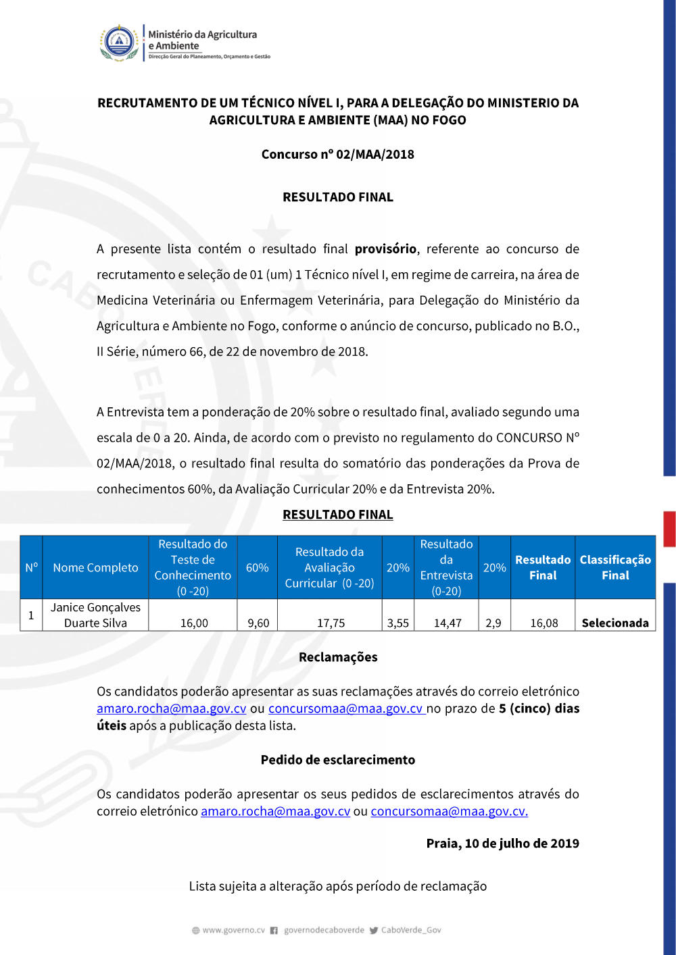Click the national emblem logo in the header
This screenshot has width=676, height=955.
pyautogui.click(x=119, y=43)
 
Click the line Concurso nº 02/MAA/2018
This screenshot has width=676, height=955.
pyautogui.click(x=337, y=154)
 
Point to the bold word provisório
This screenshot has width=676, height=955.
pyautogui.click(x=385, y=249)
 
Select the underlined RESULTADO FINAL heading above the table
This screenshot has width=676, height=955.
pyautogui.click(x=337, y=515)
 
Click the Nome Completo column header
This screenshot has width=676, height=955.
pyautogui.click(x=95, y=568)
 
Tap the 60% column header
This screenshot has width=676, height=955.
pyautogui.click(x=257, y=568)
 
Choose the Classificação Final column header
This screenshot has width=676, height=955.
pyautogui.click(x=615, y=568)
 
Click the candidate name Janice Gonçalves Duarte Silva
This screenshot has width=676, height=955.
pyautogui.click(x=95, y=615)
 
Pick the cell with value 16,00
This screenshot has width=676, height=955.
pyautogui.click(x=194, y=623)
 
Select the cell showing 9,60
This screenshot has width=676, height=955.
pyautogui.click(x=258, y=623)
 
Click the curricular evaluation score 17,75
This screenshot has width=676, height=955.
pyautogui.click(x=331, y=623)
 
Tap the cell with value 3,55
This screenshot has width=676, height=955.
pyautogui.click(x=397, y=623)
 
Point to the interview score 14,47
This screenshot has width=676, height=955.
pyautogui.click(x=447, y=623)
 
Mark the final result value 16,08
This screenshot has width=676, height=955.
pyautogui.click(x=544, y=623)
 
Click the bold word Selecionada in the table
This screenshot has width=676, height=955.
pyautogui.click(x=615, y=623)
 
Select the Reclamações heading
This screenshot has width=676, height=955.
pyautogui.click(x=338, y=657)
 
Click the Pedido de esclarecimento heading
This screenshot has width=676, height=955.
pyautogui.click(x=338, y=760)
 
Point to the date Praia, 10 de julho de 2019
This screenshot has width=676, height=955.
pyautogui.click(x=502, y=844)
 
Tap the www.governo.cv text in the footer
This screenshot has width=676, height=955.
pyautogui.click(x=233, y=930)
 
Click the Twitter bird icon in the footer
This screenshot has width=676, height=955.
pyautogui.click(x=374, y=930)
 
